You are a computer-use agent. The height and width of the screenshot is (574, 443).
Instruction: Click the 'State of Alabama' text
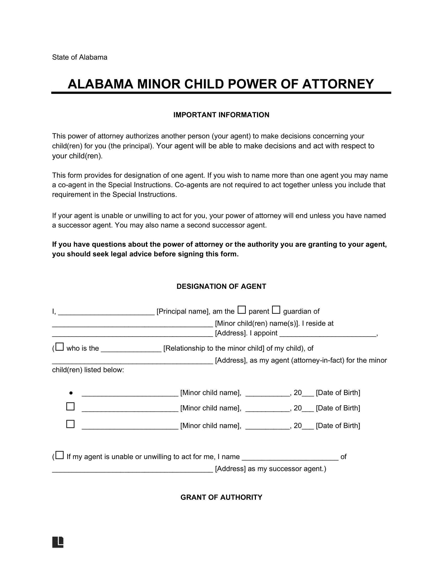click(x=79, y=57)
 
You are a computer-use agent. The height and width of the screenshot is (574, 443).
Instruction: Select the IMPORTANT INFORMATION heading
click(x=221, y=115)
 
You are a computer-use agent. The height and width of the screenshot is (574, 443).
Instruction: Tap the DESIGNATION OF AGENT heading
click(x=221, y=286)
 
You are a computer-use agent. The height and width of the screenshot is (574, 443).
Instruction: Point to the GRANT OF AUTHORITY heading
click(x=221, y=497)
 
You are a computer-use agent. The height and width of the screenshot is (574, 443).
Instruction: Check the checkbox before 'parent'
click(x=242, y=310)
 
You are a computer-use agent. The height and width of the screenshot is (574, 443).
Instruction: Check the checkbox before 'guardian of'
click(x=276, y=310)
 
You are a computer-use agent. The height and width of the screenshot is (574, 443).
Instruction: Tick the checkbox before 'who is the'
click(x=60, y=347)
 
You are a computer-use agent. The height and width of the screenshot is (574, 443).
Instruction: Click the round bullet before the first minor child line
click(x=71, y=393)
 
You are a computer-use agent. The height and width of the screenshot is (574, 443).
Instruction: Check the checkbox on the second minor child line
click(x=70, y=406)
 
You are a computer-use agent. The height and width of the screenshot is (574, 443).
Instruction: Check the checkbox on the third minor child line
click(x=70, y=424)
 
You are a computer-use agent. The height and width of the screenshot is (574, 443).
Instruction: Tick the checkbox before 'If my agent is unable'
click(x=60, y=455)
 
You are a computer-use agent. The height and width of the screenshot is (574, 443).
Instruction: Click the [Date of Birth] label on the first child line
click(x=338, y=393)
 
